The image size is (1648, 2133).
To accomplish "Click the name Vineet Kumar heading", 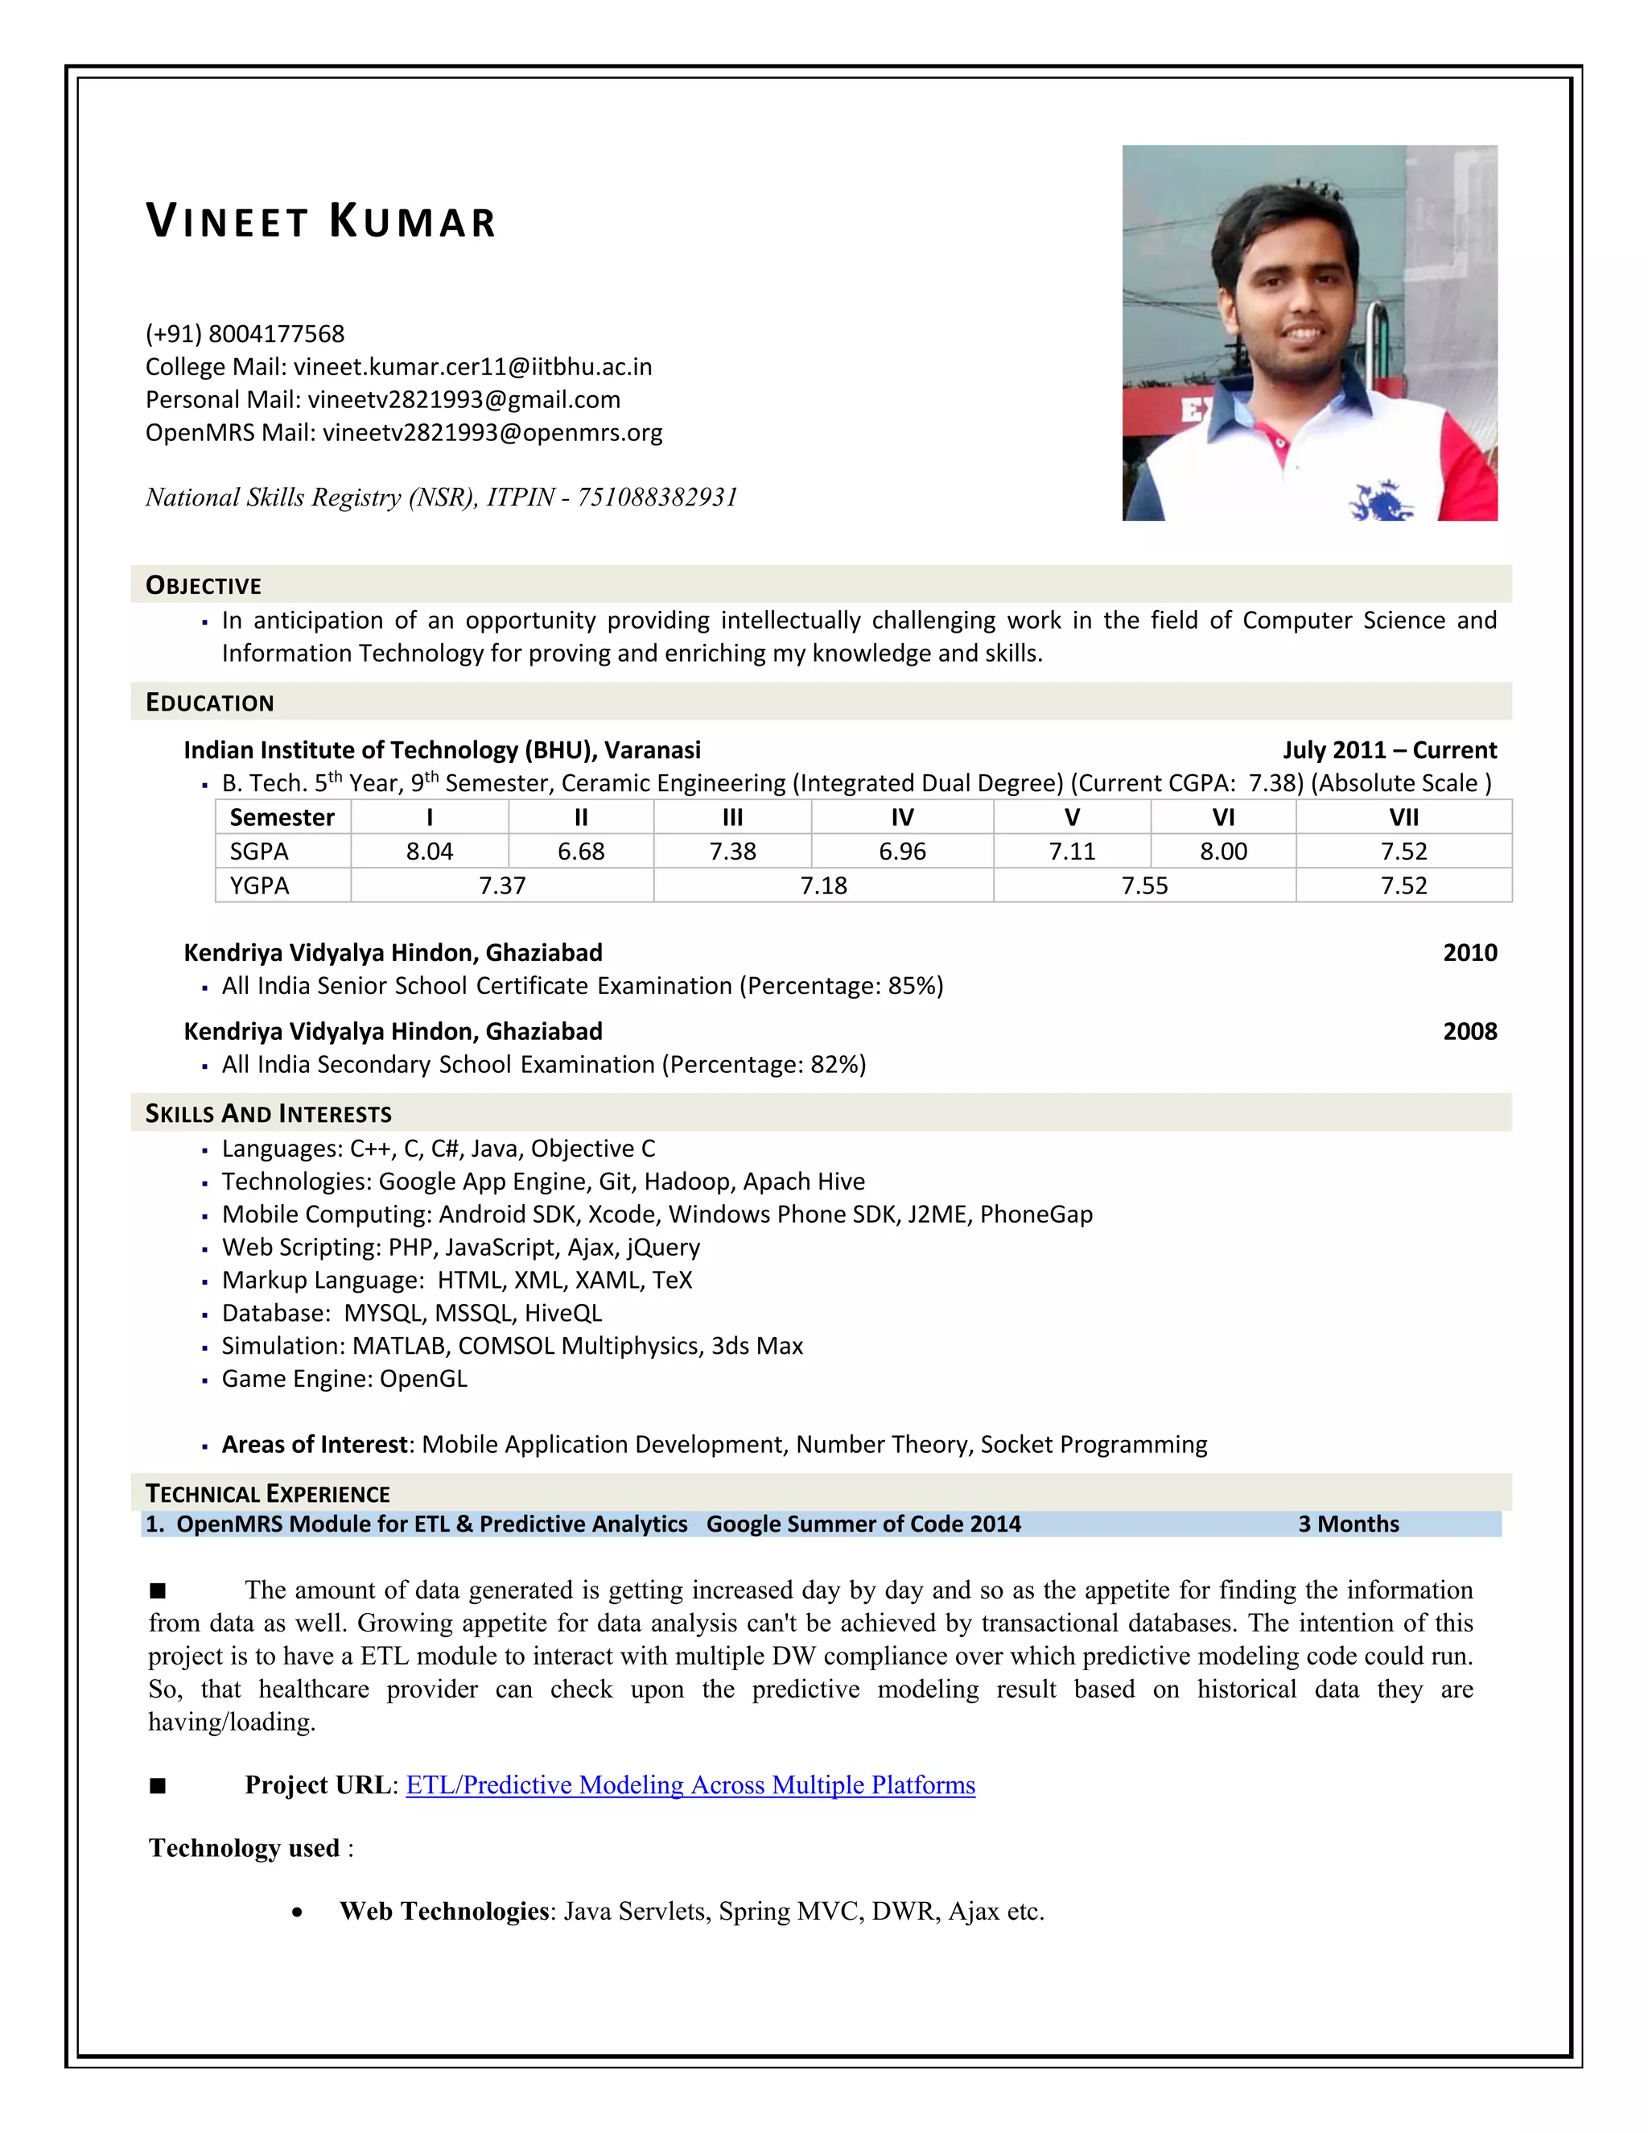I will coord(321,221).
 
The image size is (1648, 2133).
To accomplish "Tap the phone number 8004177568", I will coord(276,334).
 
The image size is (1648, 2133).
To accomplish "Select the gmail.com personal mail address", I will coord(463,399).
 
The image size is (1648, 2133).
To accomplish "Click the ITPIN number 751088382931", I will coord(657,497).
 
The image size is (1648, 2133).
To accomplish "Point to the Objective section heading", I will coord(203,585).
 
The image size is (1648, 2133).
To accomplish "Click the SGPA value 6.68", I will coord(581,852).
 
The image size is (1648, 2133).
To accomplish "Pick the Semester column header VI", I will coord(1222,818).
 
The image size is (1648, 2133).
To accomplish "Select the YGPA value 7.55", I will coord(1144,886).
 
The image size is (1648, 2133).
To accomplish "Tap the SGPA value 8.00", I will coord(1223,852).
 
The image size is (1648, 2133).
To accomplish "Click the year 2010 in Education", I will coord(1469,952).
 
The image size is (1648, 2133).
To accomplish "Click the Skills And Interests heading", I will coord(269,1113).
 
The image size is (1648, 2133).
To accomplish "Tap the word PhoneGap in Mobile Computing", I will coord(1036,1214).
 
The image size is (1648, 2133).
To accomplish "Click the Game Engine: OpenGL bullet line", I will coord(344,1378).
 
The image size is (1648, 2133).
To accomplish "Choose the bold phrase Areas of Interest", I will coord(315,1445).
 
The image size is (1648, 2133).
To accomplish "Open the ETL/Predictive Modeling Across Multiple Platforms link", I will coord(690,1785).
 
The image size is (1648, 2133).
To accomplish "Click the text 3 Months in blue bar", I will coord(1349,1524).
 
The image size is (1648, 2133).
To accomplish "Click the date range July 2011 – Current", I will coord(1388,750).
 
